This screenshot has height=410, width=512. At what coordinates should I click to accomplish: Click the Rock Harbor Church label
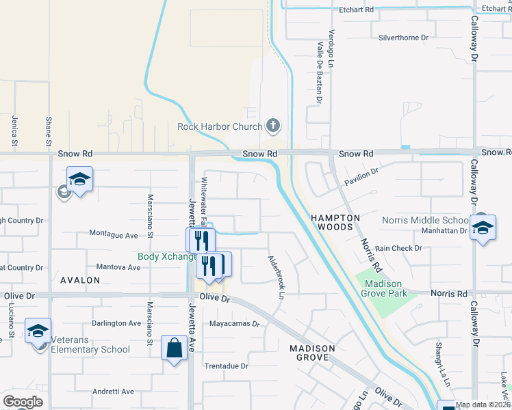220,126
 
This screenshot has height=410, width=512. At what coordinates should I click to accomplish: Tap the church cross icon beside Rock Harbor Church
273,125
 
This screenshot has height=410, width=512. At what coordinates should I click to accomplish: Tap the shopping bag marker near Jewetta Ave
175,348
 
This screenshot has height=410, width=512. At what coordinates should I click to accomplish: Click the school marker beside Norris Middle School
483,228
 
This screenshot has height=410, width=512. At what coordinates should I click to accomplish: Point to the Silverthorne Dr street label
403,38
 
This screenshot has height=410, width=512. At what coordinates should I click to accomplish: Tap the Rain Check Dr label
398,249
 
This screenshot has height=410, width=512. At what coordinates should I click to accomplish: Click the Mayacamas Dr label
235,323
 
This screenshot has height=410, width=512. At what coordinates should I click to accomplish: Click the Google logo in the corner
22,402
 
